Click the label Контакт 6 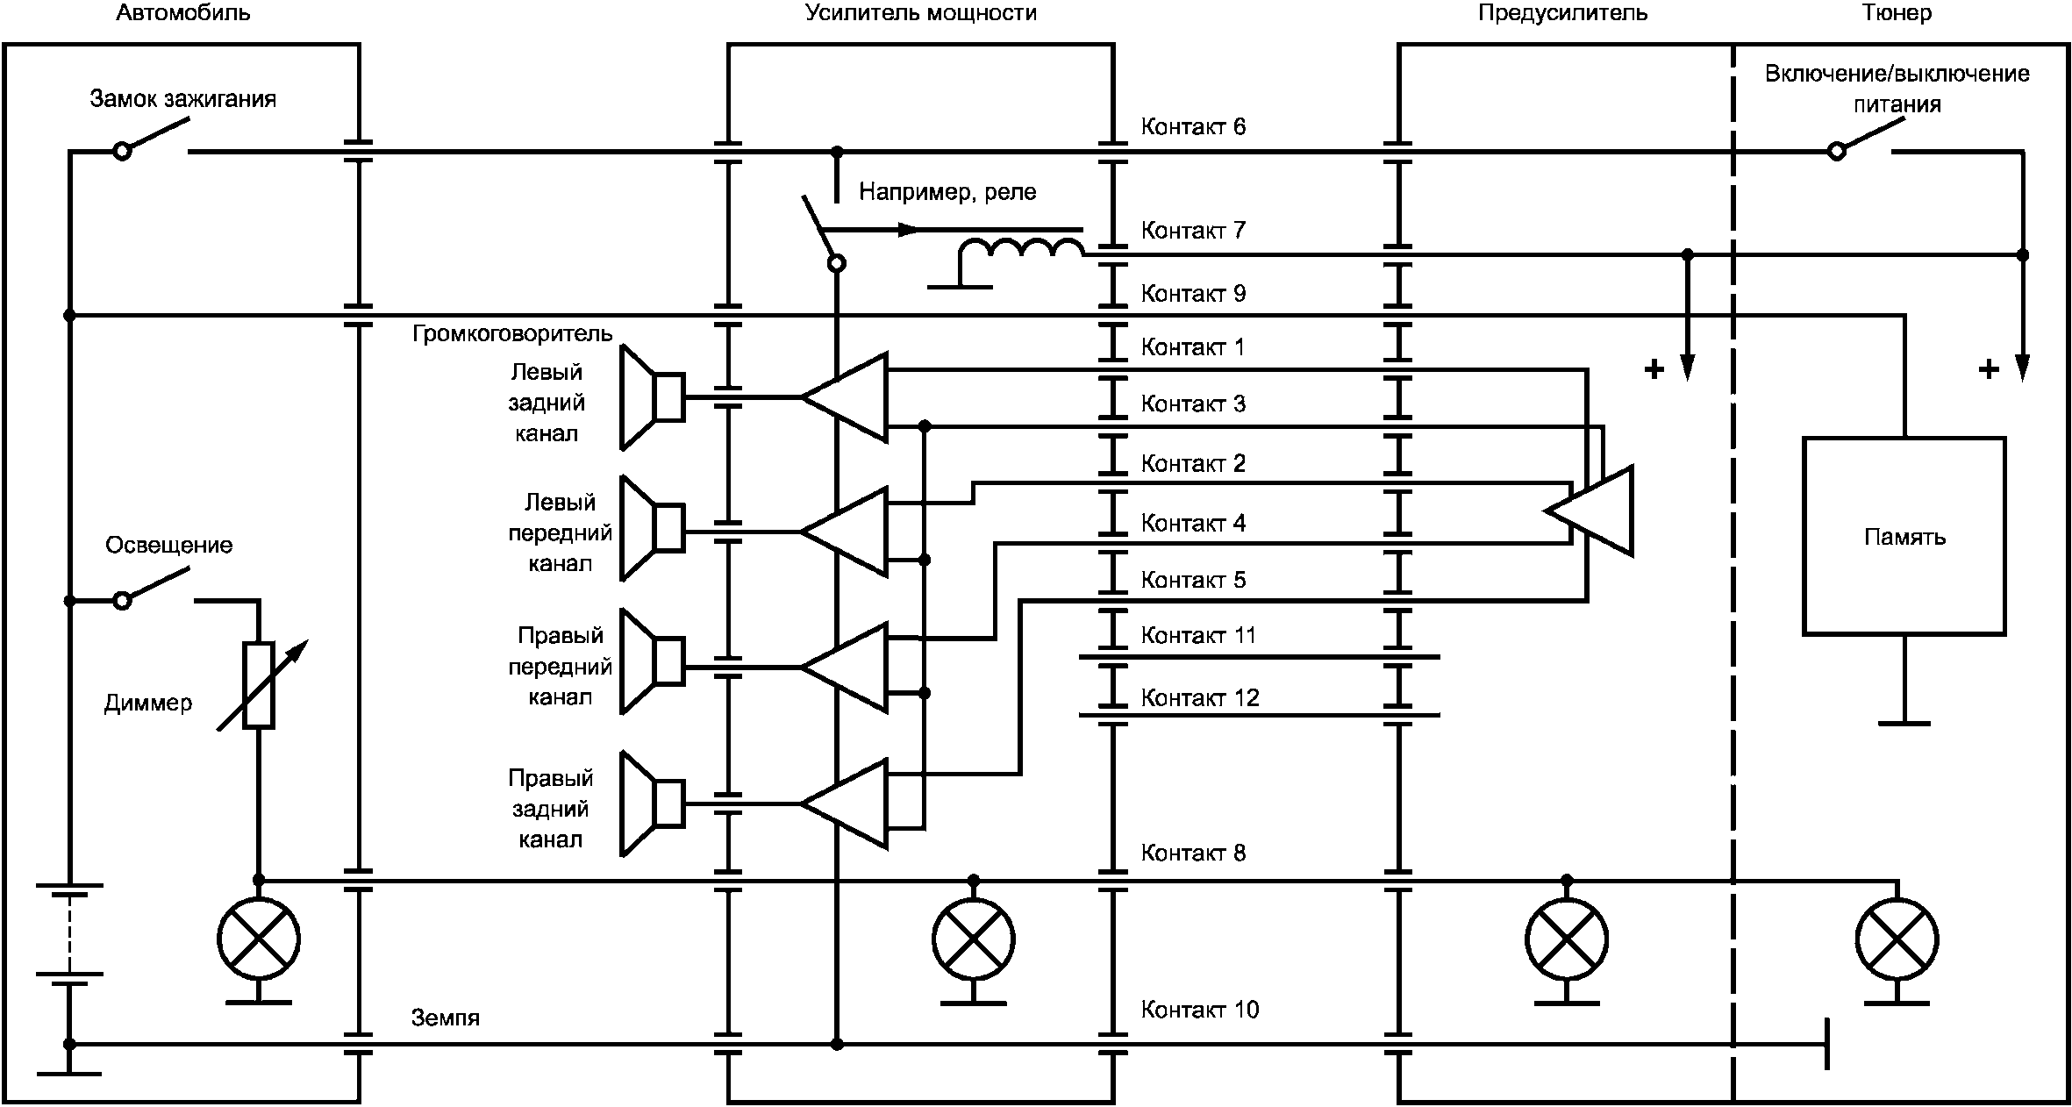pyautogui.click(x=1193, y=126)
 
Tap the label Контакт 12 pyautogui.click(x=1199, y=697)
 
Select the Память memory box pyautogui.click(x=1904, y=536)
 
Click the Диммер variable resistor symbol pyautogui.click(x=259, y=685)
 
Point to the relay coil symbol pyautogui.click(x=1021, y=251)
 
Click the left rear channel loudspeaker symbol pyautogui.click(x=653, y=397)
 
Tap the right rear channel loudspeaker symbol pyautogui.click(x=653, y=803)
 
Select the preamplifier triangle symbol pyautogui.click(x=1589, y=511)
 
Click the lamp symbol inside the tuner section pyautogui.click(x=1897, y=939)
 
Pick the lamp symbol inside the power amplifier pyautogui.click(x=973, y=939)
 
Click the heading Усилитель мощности pyautogui.click(x=921, y=13)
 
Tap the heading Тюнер pyautogui.click(x=1896, y=13)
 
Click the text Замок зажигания pyautogui.click(x=183, y=99)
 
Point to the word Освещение pyautogui.click(x=169, y=546)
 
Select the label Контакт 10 pyautogui.click(x=1199, y=1010)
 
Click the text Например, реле pyautogui.click(x=947, y=192)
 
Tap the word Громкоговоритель pyautogui.click(x=512, y=334)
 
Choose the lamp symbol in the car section pyautogui.click(x=259, y=939)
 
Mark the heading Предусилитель pyautogui.click(x=1562, y=13)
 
